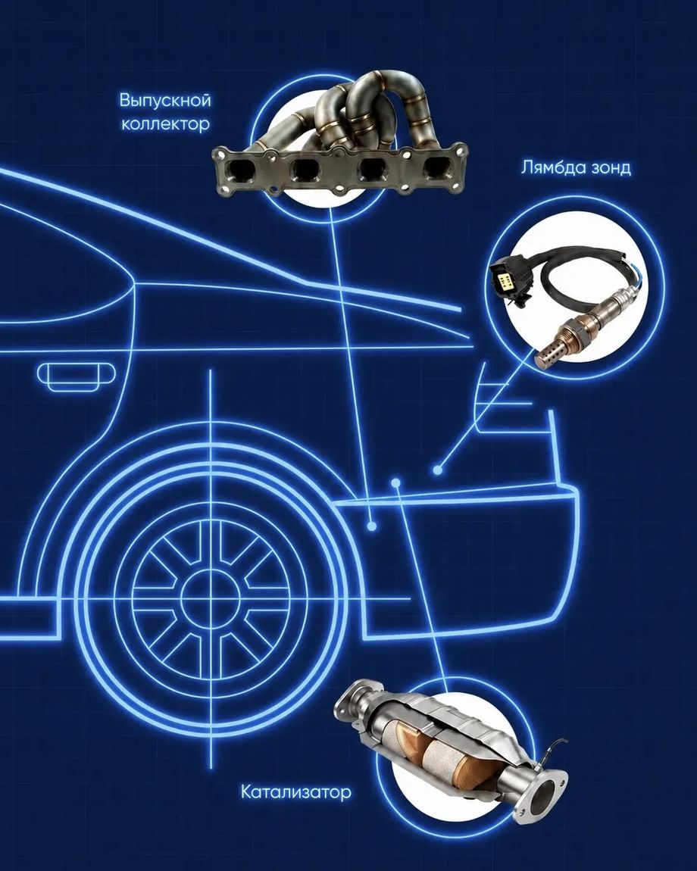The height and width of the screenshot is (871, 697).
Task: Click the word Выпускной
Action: click(x=165, y=101)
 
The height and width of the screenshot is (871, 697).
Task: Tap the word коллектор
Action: click(x=166, y=123)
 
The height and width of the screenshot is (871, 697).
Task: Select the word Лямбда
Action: click(x=550, y=167)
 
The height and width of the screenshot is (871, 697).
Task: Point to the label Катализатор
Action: click(x=295, y=791)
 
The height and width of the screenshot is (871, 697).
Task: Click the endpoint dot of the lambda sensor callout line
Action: click(x=438, y=470)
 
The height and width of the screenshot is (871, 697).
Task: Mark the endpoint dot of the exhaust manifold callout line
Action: click(x=372, y=525)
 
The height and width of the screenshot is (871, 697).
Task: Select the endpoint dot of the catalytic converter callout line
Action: click(x=395, y=482)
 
